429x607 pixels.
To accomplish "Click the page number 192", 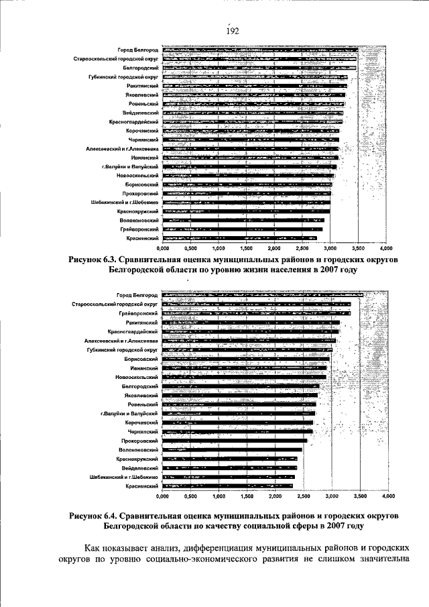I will [x=232, y=31].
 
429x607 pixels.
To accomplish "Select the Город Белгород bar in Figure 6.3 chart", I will [x=261, y=51].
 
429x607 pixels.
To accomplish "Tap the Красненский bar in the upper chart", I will [x=239, y=238].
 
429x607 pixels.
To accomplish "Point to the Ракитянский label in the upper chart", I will [x=142, y=87].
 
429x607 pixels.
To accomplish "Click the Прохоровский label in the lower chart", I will [x=141, y=441].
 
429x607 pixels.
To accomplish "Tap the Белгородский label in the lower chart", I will [x=139, y=387].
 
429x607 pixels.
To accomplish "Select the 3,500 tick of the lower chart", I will [x=360, y=496].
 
